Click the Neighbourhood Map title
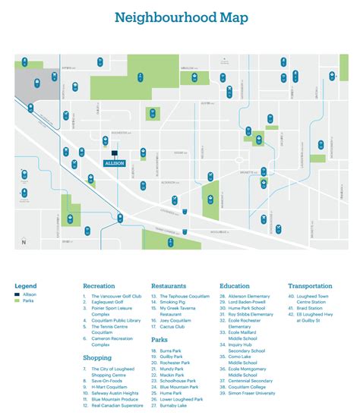(179, 17)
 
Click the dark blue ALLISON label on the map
(114, 162)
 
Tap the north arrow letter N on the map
(24, 242)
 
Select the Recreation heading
(99, 286)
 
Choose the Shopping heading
(97, 357)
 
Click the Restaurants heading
(169, 286)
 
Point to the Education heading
(235, 286)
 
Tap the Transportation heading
(310, 286)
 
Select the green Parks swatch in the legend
(17, 301)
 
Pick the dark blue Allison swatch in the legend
(17, 294)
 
